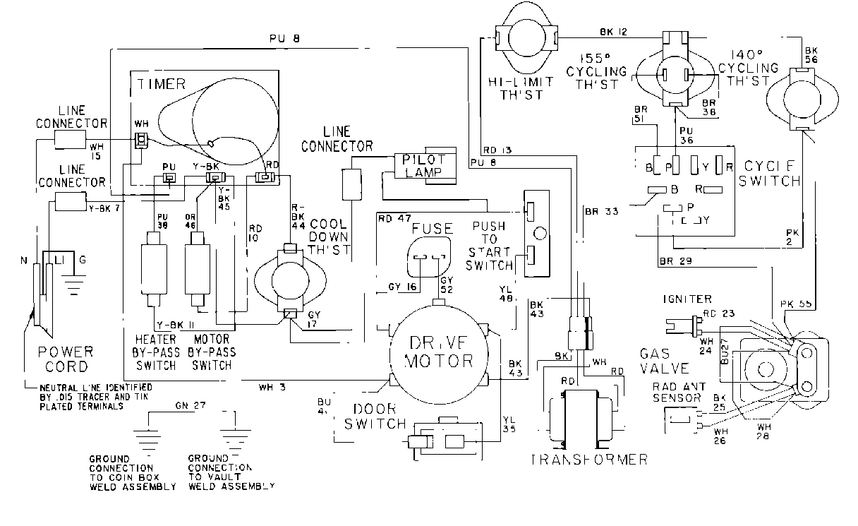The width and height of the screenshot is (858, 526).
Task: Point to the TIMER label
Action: pos(161,84)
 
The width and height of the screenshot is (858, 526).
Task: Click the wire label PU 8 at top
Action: pos(285,39)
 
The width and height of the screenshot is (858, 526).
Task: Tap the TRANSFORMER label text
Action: pos(589,460)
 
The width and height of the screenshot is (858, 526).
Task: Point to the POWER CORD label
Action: pos(64,359)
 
